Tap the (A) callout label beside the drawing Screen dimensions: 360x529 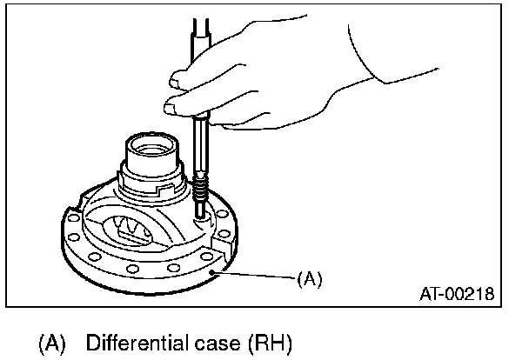click(310, 279)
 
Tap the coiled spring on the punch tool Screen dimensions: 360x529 click(201, 185)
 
